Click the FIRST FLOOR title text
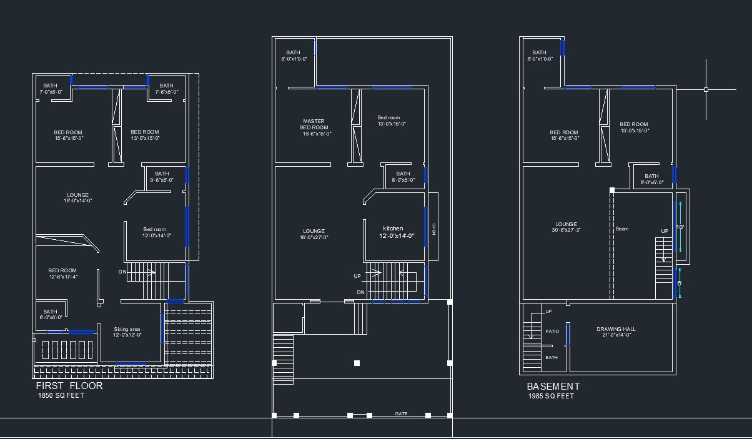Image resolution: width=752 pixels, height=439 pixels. click(69, 386)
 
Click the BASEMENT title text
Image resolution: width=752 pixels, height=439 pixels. click(553, 387)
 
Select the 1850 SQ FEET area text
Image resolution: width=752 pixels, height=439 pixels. click(61, 395)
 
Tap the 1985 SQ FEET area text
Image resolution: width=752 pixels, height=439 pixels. click(550, 396)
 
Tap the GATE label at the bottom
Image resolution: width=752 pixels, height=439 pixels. click(401, 413)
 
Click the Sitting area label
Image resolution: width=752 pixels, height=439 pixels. click(127, 332)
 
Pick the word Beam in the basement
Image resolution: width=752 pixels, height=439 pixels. click(622, 229)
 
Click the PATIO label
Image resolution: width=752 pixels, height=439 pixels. click(552, 332)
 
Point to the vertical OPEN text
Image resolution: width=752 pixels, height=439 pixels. click(433, 229)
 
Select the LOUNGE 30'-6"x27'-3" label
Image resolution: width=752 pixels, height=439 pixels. click(566, 227)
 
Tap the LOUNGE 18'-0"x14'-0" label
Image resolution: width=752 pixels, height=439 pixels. click(78, 197)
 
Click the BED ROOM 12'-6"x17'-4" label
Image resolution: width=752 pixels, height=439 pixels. click(62, 274)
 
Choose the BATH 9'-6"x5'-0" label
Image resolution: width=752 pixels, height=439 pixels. click(162, 177)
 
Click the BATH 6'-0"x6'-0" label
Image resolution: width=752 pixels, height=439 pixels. click(50, 314)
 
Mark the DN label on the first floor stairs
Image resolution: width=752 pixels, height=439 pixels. click(122, 272)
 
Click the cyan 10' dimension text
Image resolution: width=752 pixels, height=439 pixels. click(680, 227)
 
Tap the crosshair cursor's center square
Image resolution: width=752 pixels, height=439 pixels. click(706, 90)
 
